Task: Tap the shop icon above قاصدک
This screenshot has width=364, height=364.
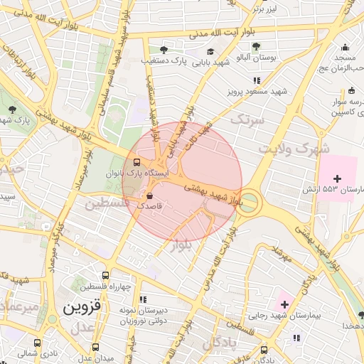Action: click(x=149, y=194)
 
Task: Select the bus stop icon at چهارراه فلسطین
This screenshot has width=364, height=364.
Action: click(x=106, y=275)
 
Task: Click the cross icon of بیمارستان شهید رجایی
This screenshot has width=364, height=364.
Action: click(x=284, y=304)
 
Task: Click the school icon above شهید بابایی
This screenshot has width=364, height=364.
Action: click(x=210, y=51)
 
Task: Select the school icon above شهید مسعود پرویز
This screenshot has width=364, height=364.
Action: click(x=256, y=80)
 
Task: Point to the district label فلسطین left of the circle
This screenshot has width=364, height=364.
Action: click(x=107, y=205)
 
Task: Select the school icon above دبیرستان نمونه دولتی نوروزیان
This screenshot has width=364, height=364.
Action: click(x=142, y=300)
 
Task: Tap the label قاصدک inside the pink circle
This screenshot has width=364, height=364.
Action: click(x=150, y=205)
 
